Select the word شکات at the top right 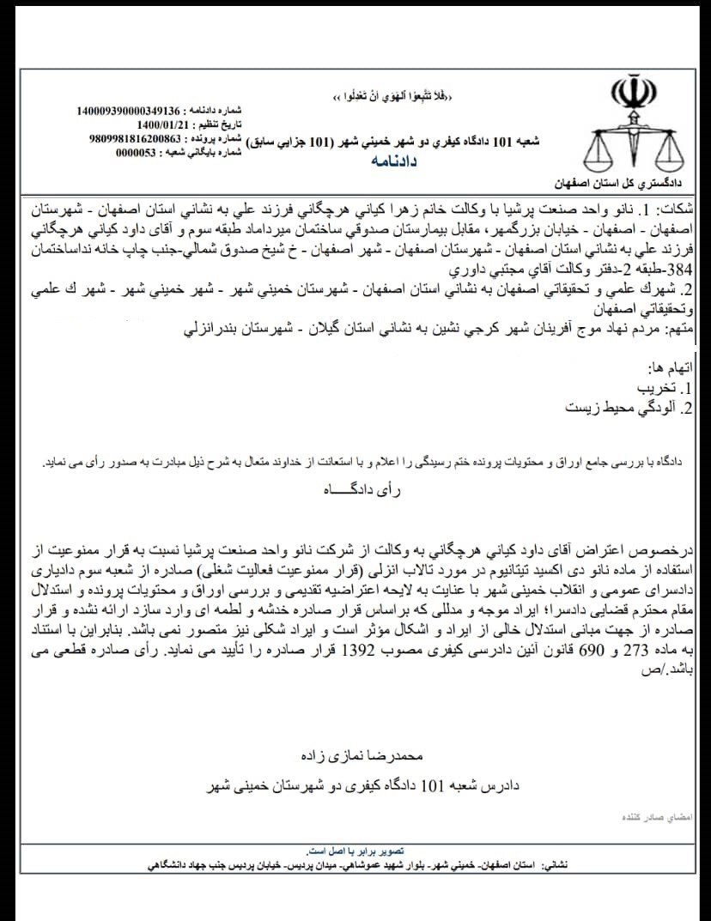[684, 208]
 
